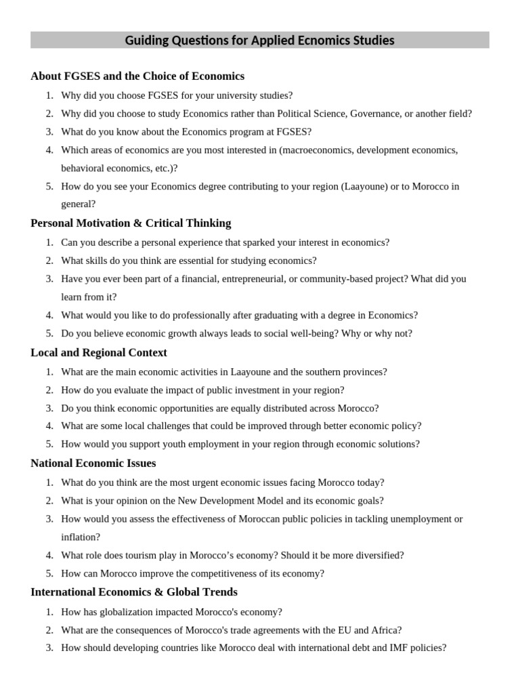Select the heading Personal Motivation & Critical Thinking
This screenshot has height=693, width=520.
[131, 223]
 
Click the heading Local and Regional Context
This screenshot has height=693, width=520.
[99, 353]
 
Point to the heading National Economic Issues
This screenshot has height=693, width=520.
[93, 463]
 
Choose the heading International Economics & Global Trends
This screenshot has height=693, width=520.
[134, 592]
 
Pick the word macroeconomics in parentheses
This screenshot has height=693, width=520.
[315, 150]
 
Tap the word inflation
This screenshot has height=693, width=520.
[79, 537]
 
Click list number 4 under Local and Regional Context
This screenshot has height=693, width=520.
[49, 426]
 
